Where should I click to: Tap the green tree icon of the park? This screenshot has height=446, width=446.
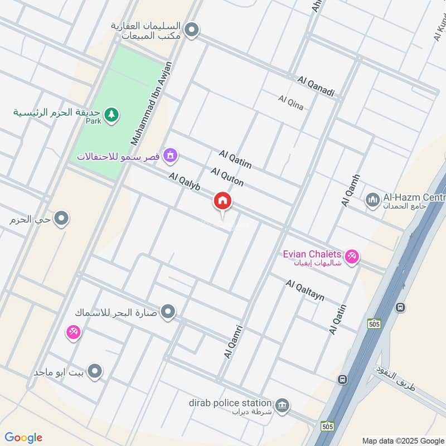click(113, 114)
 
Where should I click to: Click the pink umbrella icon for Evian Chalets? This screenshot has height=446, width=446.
click(352, 256)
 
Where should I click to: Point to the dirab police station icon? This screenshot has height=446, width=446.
click(282, 403)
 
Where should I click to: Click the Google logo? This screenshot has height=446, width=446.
click(23, 437)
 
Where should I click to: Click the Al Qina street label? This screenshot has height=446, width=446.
click(291, 103)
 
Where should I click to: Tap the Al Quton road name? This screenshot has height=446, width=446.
click(227, 177)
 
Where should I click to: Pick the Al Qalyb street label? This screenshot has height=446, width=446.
click(185, 183)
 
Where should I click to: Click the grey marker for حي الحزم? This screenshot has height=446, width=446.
click(62, 219)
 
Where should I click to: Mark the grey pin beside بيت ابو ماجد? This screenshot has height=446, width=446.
click(95, 371)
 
